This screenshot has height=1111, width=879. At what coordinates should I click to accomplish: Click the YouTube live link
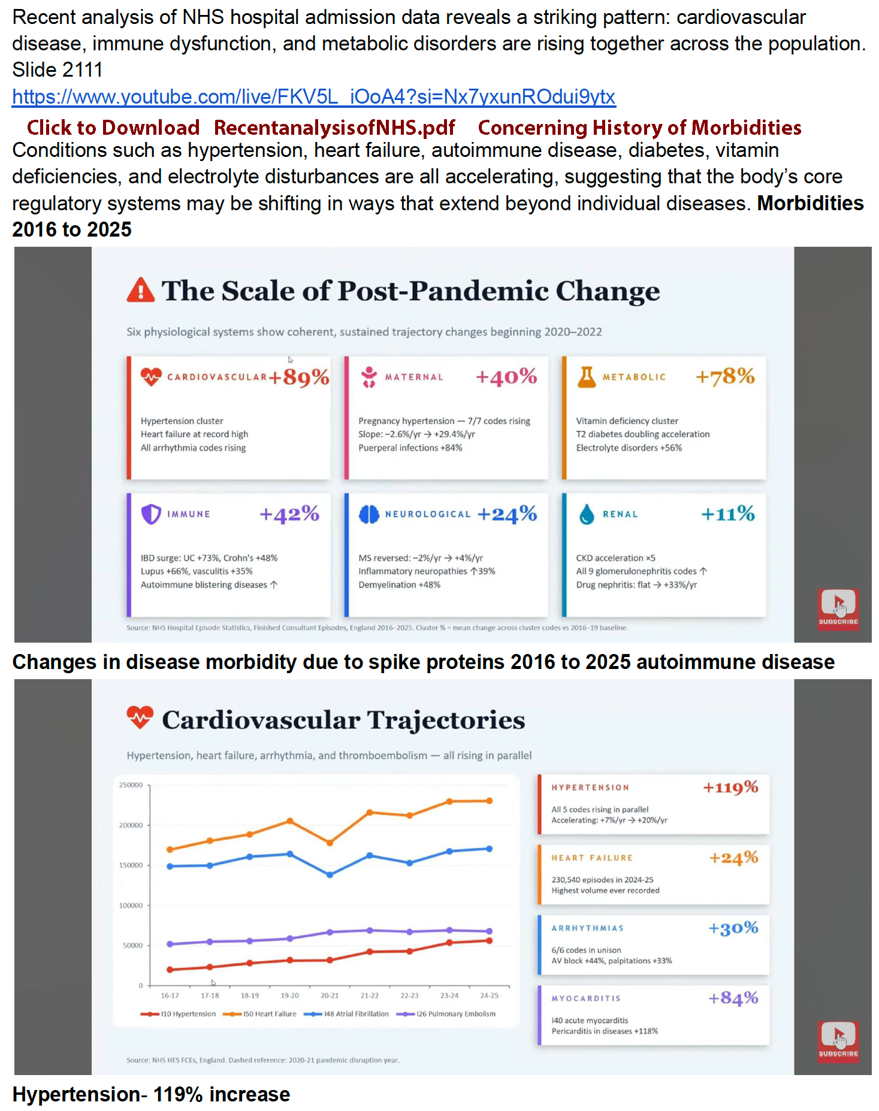(x=314, y=96)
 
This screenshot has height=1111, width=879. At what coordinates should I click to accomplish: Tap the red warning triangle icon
(x=141, y=290)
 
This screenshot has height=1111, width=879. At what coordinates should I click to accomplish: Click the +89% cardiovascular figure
(x=299, y=377)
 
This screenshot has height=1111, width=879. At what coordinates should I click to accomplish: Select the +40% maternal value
(x=506, y=377)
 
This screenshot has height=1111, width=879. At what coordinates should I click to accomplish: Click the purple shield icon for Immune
(x=151, y=514)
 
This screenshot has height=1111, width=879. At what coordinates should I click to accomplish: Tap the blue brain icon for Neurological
(x=369, y=514)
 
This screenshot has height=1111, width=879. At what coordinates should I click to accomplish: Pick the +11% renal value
(x=728, y=513)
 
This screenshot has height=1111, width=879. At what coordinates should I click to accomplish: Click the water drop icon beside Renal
(x=587, y=514)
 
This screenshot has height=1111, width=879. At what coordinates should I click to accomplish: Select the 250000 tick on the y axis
(x=131, y=785)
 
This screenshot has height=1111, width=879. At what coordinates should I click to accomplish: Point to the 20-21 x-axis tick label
(x=330, y=995)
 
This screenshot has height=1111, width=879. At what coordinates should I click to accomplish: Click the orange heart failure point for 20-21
(x=330, y=843)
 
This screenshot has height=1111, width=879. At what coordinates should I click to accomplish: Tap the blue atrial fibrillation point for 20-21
(x=330, y=874)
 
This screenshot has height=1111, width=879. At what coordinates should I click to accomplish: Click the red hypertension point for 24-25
(x=490, y=941)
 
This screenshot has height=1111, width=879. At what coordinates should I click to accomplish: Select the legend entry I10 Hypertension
(x=178, y=1014)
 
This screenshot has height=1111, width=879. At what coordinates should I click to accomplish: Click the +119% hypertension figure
(x=730, y=787)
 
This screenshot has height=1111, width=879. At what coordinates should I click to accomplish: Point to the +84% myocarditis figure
(x=733, y=998)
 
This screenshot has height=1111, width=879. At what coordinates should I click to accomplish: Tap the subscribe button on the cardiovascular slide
(x=838, y=1042)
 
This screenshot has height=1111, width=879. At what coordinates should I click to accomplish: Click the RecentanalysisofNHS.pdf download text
(x=334, y=128)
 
